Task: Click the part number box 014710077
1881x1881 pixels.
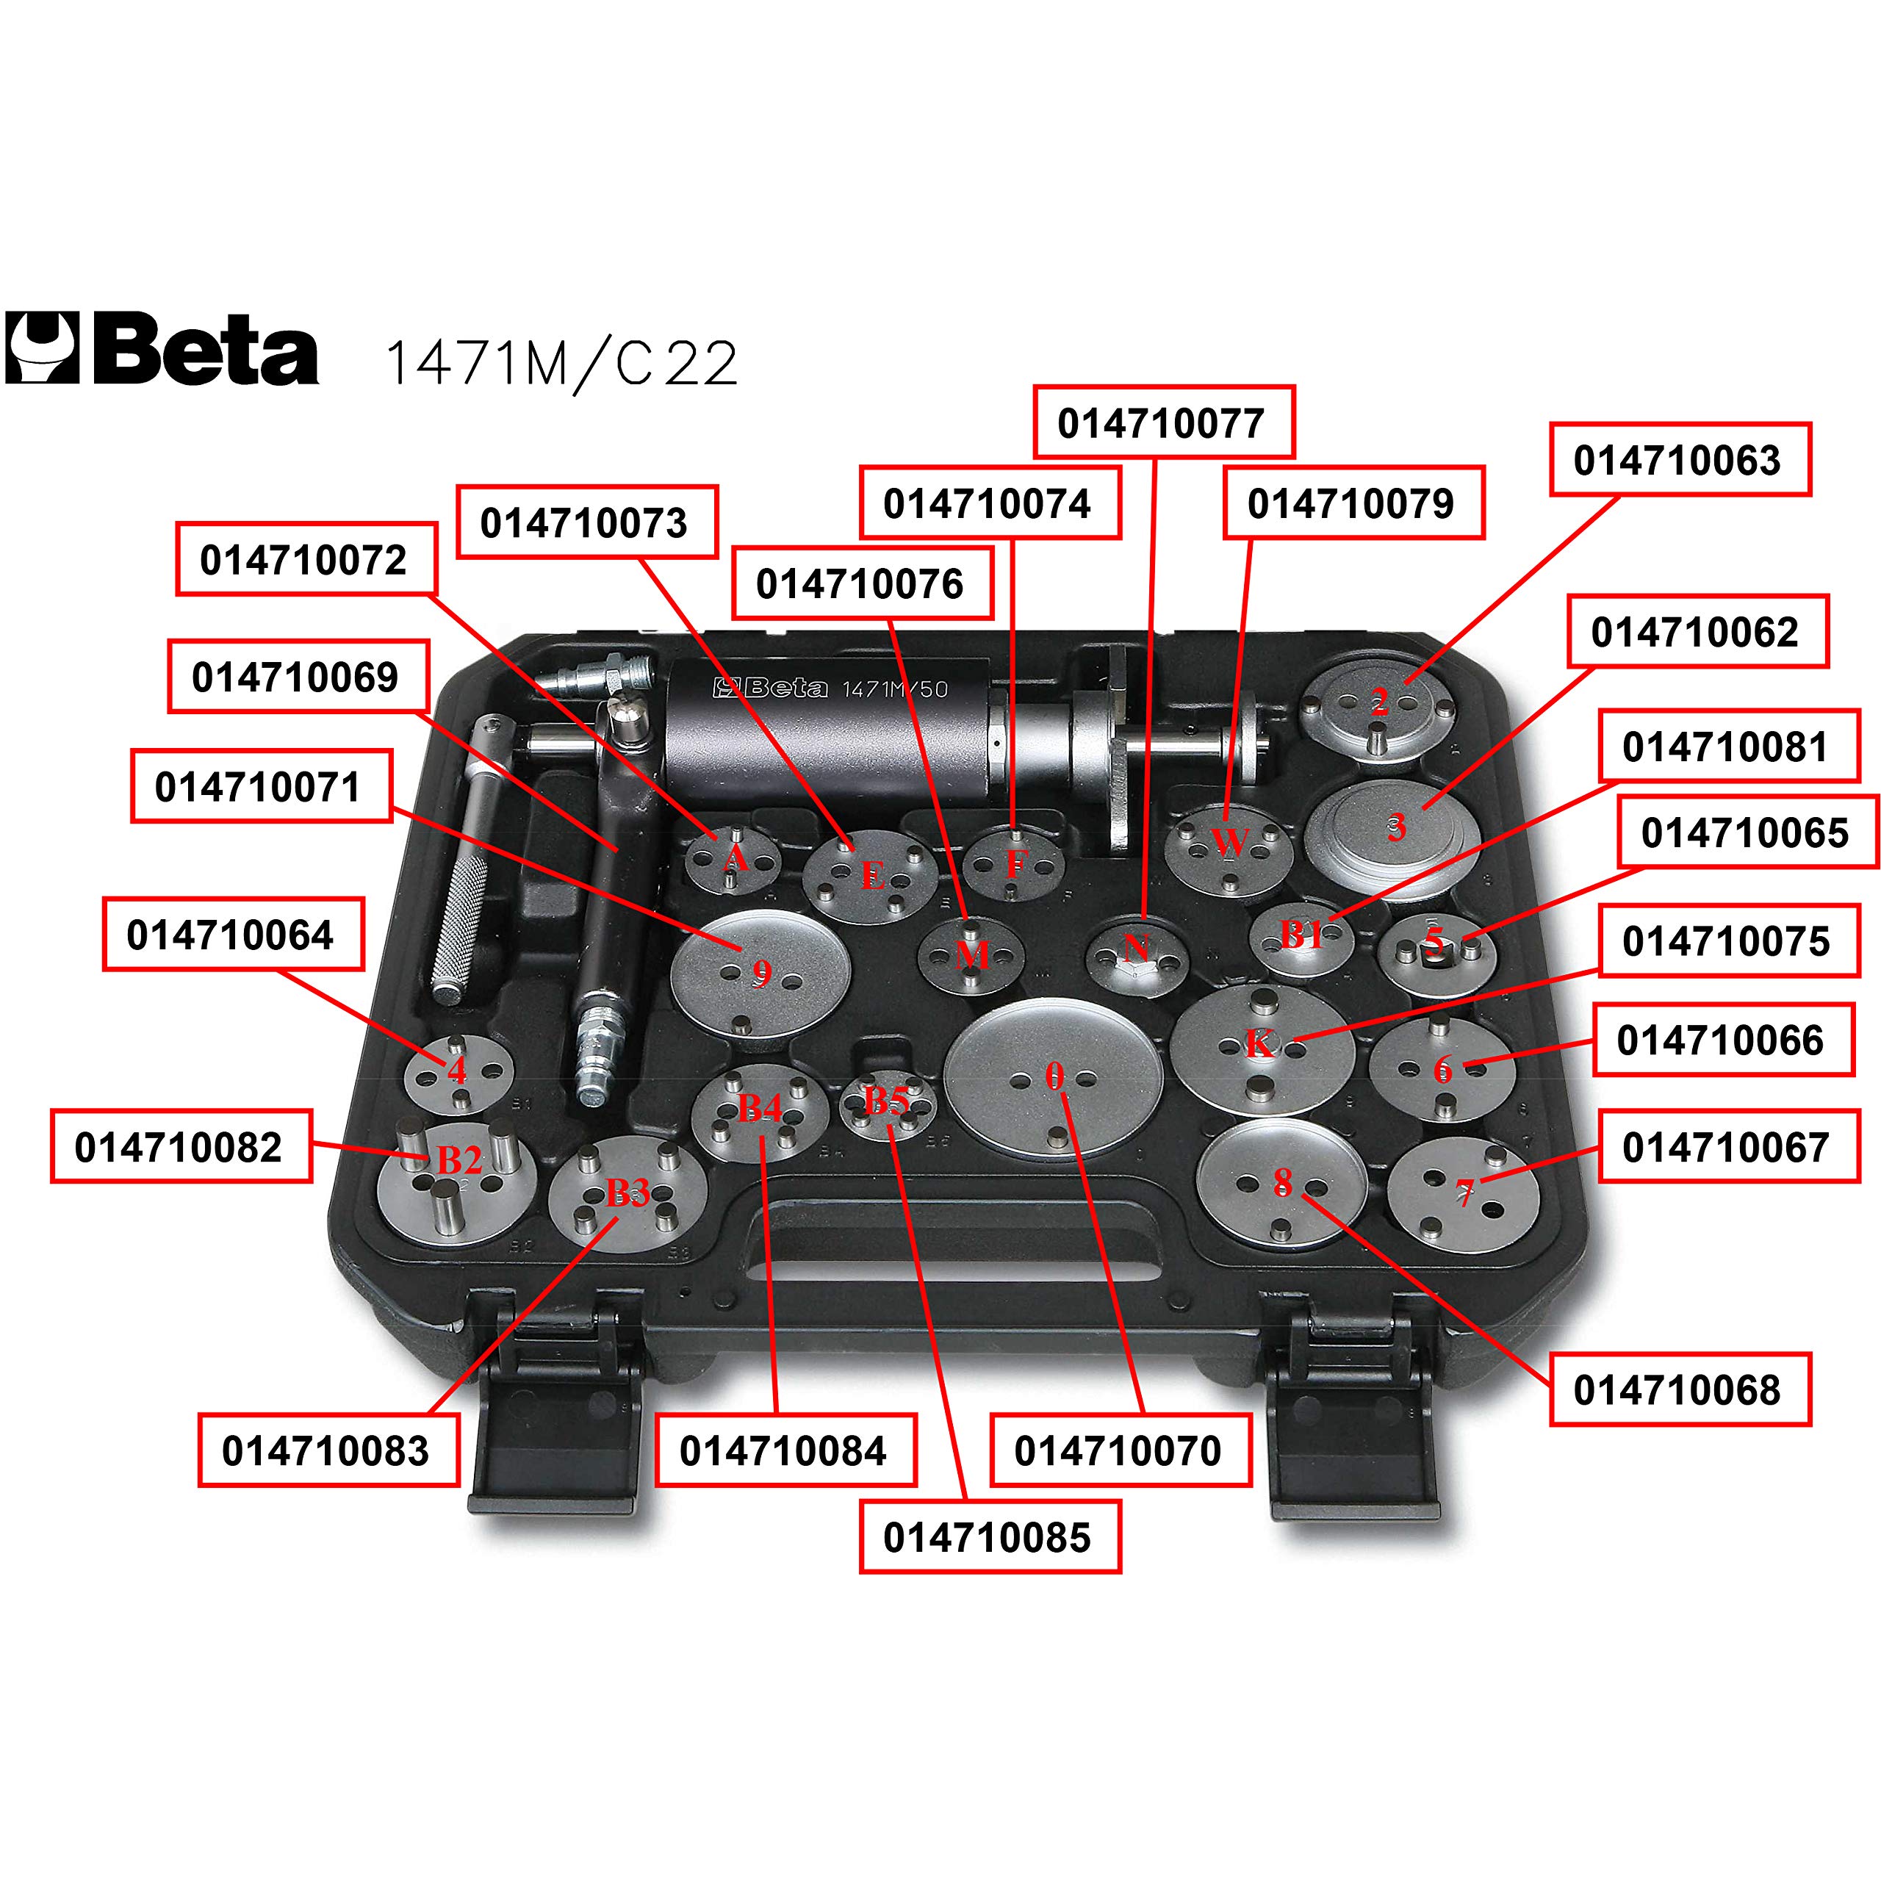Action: [1163, 422]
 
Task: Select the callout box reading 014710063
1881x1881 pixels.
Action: [1680, 459]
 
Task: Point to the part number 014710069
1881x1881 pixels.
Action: [298, 677]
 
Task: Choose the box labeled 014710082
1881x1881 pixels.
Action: [181, 1146]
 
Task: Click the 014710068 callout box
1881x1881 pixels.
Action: [1680, 1389]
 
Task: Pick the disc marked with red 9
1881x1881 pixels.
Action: [760, 970]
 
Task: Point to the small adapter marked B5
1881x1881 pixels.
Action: [888, 1105]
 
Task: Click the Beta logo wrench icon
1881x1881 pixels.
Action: [42, 348]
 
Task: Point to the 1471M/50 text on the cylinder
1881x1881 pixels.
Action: [893, 689]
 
